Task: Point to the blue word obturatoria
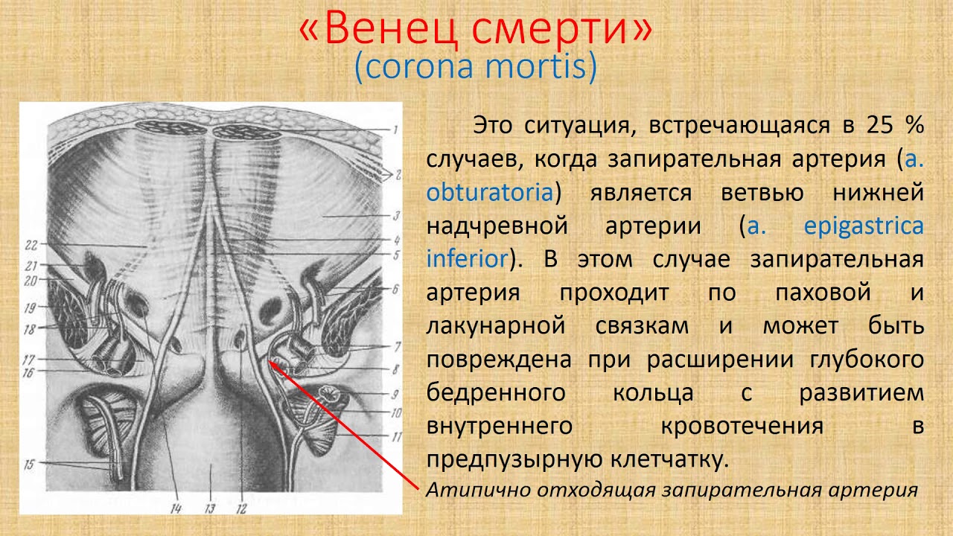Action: [x=490, y=192]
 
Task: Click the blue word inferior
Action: [x=467, y=259]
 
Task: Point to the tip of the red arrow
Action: [x=269, y=361]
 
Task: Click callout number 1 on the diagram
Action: [x=395, y=130]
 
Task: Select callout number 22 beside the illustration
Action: [x=31, y=245]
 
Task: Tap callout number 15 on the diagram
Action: [x=29, y=464]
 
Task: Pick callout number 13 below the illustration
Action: [x=210, y=508]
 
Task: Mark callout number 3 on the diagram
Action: [x=396, y=216]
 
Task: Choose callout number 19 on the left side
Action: [x=30, y=307]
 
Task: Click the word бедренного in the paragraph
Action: [x=496, y=393]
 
